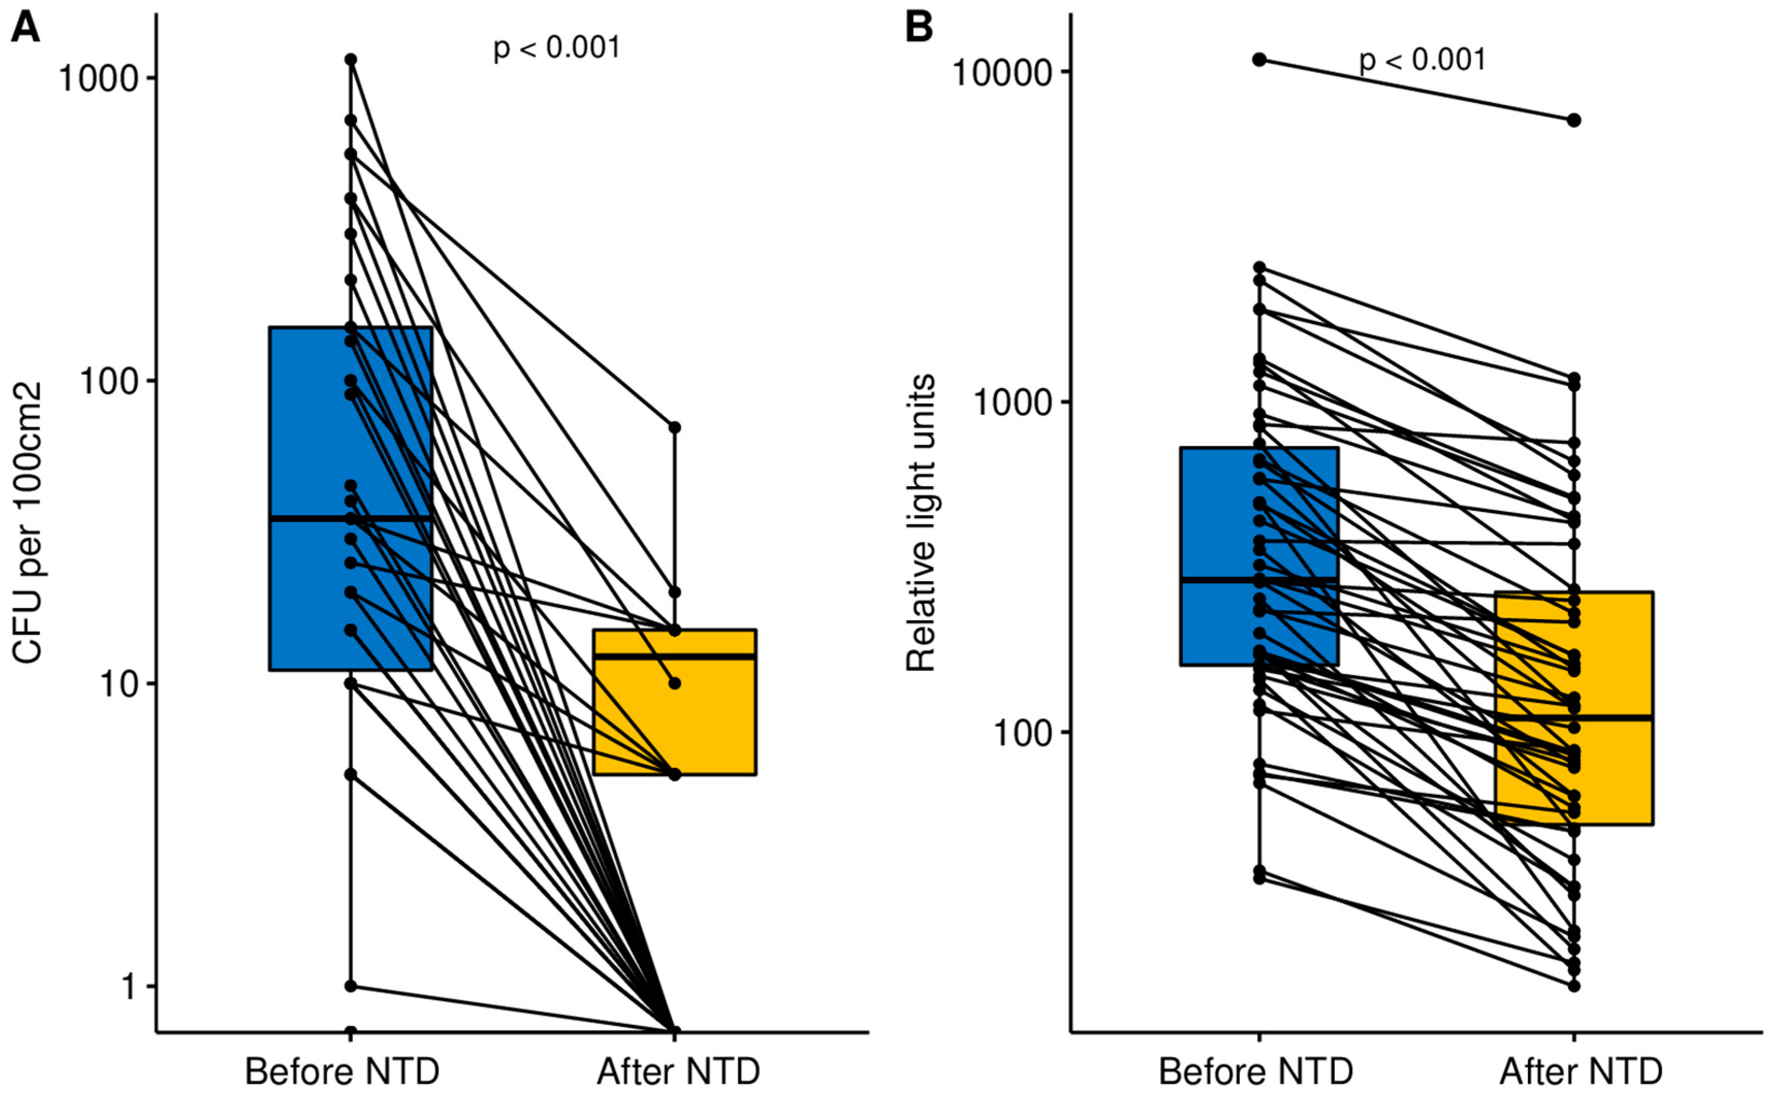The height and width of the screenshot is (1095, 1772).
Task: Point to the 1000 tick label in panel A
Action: click(x=99, y=78)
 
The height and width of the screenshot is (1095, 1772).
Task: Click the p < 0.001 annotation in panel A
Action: click(x=556, y=49)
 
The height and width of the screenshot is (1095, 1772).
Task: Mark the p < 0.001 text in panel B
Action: click(x=1422, y=60)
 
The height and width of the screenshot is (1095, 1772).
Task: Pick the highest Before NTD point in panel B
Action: click(x=1260, y=59)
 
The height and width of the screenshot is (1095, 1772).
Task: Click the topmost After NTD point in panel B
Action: click(x=1574, y=120)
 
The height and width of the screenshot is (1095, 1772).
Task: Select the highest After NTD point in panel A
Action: click(x=675, y=427)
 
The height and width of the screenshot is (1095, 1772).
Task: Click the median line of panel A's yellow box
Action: click(x=675, y=656)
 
